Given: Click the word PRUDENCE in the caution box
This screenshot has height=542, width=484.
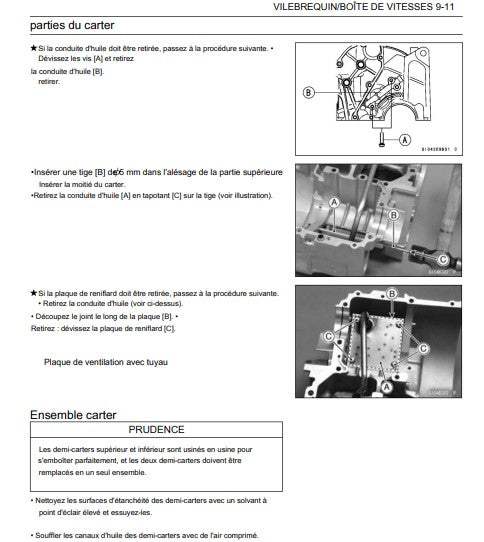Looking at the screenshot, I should click(156, 430).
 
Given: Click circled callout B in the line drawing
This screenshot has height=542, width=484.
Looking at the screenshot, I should click(309, 91).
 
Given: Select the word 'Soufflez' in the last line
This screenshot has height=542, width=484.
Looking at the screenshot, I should click(56, 535).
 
